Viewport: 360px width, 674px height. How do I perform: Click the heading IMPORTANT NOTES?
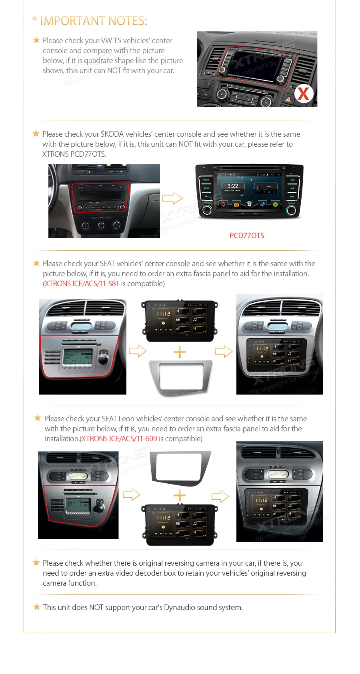coord(94,21)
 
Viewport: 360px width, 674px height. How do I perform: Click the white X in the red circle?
coord(304,94)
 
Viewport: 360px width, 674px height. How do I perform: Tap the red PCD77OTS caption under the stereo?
coord(247,236)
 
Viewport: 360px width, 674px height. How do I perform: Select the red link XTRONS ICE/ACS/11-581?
coord(82,284)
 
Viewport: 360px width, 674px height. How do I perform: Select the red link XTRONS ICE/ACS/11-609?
coord(119,439)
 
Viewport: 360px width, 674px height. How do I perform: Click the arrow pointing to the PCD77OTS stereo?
coord(172,198)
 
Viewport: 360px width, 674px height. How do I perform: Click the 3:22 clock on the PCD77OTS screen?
coord(233,186)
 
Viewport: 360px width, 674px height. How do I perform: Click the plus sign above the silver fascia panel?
coord(180,352)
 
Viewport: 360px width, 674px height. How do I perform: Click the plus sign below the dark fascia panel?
coord(180,496)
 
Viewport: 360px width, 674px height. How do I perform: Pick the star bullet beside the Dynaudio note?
coord(36,607)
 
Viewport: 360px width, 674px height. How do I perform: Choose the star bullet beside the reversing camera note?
coord(36,563)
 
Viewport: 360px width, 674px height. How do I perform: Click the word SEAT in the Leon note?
coord(109,419)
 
